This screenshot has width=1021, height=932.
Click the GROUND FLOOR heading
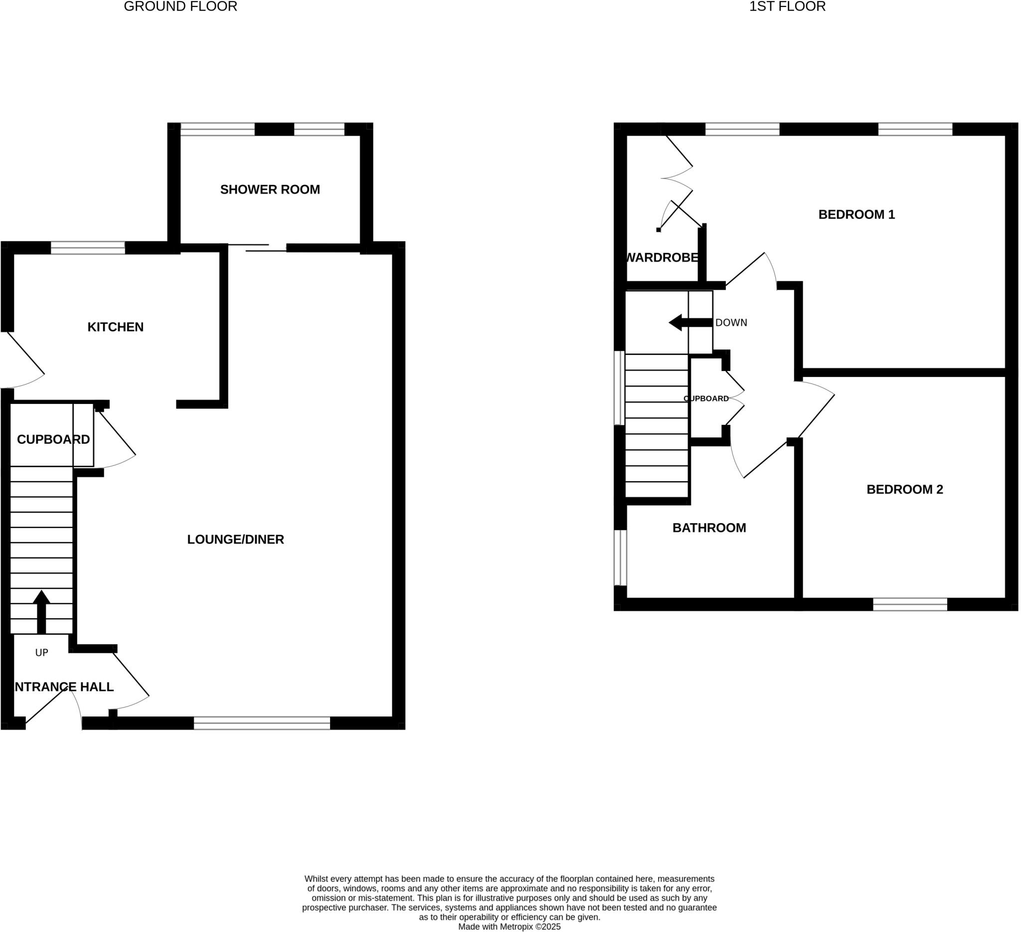click(180, 6)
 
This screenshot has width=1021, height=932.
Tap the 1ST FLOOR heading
click(787, 6)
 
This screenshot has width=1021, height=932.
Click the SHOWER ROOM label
click(270, 190)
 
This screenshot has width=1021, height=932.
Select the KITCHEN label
click(116, 327)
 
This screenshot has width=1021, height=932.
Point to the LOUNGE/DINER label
click(235, 540)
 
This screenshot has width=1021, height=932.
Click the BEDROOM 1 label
click(856, 215)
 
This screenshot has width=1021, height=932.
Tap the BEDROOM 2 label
click(904, 490)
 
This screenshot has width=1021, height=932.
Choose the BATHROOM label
click(708, 528)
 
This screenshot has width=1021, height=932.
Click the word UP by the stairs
click(41, 653)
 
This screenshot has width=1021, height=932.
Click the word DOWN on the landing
click(730, 323)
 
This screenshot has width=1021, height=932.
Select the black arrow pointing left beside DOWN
click(690, 323)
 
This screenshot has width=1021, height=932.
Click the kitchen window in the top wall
click(88, 248)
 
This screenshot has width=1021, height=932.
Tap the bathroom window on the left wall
click(620, 558)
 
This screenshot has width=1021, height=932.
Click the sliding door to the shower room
click(257, 248)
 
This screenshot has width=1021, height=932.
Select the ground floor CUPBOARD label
click(53, 440)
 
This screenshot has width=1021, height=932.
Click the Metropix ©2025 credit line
click(509, 927)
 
